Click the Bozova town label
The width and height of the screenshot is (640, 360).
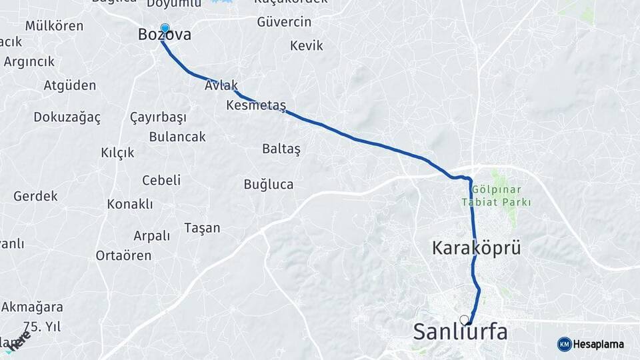point(164,35)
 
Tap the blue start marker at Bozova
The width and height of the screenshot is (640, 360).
point(165,29)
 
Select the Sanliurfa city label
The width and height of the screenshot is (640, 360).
point(460,331)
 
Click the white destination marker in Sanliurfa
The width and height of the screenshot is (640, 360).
point(464,320)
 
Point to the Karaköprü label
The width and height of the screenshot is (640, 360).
point(476,249)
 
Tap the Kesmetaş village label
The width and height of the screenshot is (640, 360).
point(256,105)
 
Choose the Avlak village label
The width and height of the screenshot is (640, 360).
point(222,87)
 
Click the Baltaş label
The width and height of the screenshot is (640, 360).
point(281,149)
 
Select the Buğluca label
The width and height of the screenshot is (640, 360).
point(269,184)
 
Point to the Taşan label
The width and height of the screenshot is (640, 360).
point(202,228)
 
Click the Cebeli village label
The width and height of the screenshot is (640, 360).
point(161,180)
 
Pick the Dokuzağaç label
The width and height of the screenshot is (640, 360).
point(67,117)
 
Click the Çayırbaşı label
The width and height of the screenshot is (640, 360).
point(158,117)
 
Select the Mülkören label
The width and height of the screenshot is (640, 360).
point(54,26)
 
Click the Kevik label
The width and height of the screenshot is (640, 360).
point(307,46)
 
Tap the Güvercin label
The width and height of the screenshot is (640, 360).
point(284,22)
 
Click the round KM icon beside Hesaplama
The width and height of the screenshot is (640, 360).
point(564,344)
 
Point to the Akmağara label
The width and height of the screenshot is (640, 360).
point(32,307)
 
